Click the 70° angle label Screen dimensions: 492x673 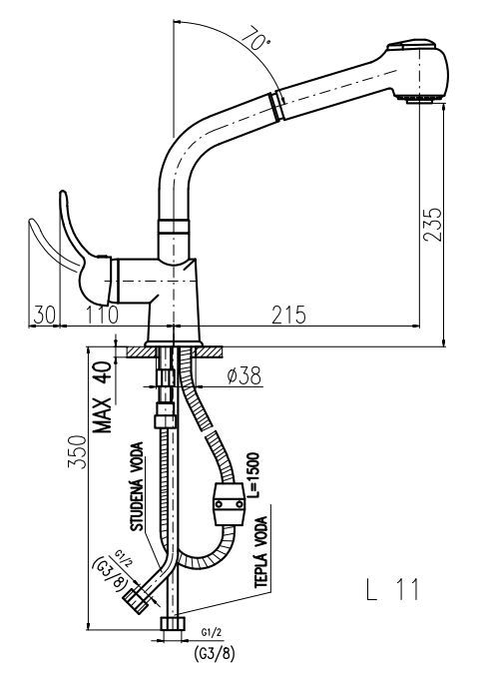256,38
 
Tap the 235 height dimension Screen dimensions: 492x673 432,225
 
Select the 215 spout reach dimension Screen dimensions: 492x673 288,315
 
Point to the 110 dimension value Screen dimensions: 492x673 102,315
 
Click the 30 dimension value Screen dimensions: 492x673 45,315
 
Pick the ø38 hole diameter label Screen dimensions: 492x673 244,376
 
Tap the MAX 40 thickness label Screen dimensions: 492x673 103,396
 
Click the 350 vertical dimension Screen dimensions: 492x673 77,451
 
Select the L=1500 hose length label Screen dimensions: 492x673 253,474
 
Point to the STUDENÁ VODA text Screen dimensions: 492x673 138,486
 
